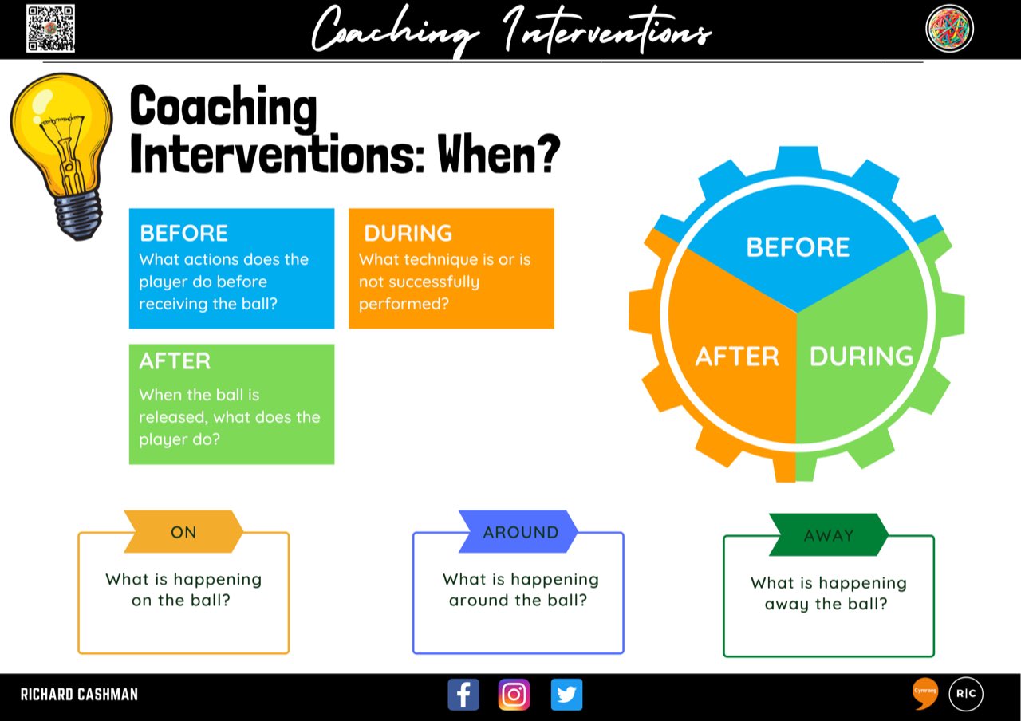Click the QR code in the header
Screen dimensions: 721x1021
pyautogui.click(x=50, y=29)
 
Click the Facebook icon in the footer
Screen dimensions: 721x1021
pyautogui.click(x=463, y=695)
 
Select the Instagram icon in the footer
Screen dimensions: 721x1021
pyautogui.click(x=514, y=695)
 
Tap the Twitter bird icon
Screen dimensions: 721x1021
pyautogui.click(x=566, y=695)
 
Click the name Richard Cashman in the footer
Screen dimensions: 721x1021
pyautogui.click(x=79, y=695)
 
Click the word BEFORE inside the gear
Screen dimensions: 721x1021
pyautogui.click(x=798, y=247)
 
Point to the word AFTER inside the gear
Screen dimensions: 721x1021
pyautogui.click(x=737, y=357)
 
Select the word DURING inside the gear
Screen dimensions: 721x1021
pyautogui.click(x=861, y=357)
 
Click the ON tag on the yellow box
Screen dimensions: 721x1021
pyautogui.click(x=183, y=532)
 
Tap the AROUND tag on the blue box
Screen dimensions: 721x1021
pyautogui.click(x=520, y=532)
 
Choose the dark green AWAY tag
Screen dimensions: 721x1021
pyautogui.click(x=829, y=535)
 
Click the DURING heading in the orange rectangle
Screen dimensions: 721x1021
pyautogui.click(x=408, y=233)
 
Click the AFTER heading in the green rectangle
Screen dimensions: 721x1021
pyautogui.click(x=175, y=360)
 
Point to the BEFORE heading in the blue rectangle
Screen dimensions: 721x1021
pyautogui.click(x=183, y=233)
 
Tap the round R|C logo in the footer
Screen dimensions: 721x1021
pyautogui.click(x=966, y=693)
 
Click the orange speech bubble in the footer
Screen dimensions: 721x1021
pyautogui.click(x=925, y=693)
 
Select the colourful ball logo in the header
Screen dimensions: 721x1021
pyautogui.click(x=949, y=29)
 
